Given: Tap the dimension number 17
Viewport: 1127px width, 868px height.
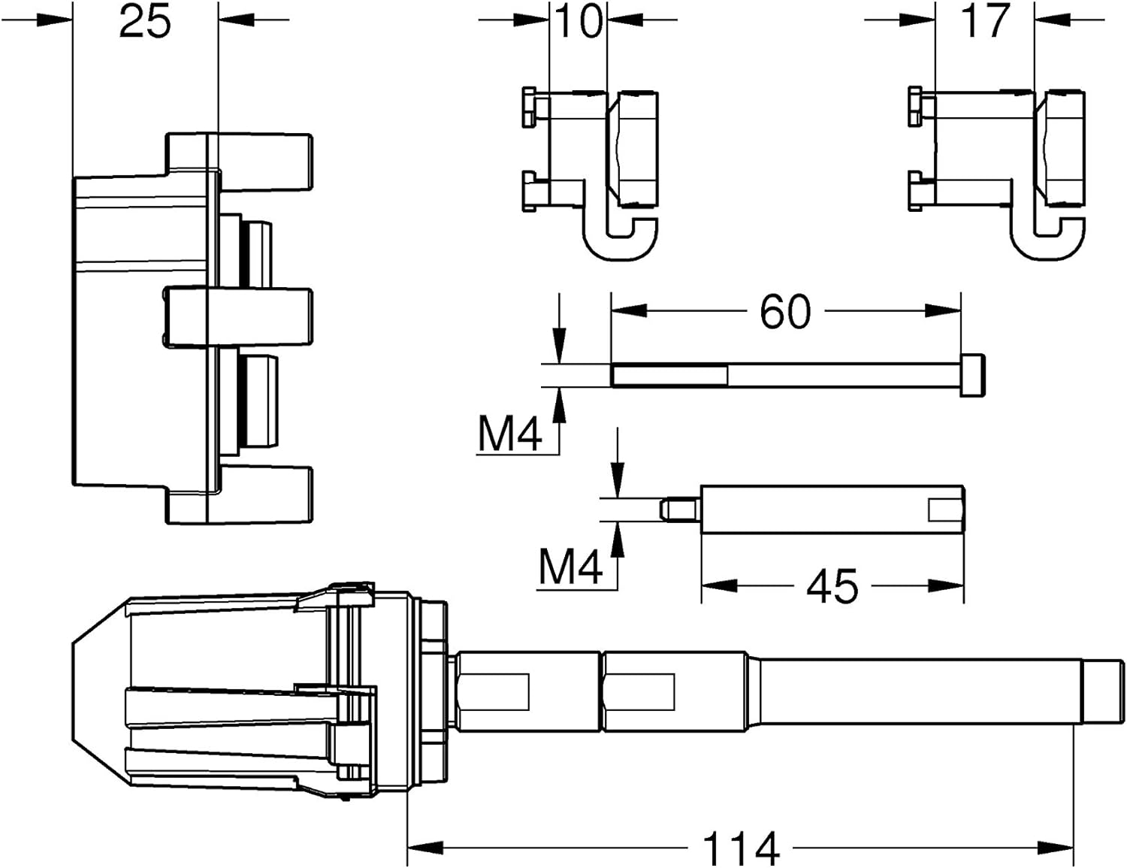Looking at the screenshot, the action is point(985,22).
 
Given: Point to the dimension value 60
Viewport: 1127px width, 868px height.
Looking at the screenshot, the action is point(784,312).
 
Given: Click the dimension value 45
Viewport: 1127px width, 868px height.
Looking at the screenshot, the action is point(832,586).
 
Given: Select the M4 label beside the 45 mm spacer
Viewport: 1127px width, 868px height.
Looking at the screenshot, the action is point(570,568).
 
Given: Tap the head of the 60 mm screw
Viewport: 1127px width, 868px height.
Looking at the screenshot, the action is point(972,376).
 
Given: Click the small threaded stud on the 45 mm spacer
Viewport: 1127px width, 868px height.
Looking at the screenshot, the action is point(681,510).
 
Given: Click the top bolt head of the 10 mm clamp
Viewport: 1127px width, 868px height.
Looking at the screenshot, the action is point(529,107).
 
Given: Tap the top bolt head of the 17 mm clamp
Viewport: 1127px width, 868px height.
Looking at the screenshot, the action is point(915,107).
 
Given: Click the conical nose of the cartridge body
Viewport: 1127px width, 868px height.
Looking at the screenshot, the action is point(100,692).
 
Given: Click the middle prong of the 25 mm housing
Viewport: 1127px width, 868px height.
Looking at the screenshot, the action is point(239,317).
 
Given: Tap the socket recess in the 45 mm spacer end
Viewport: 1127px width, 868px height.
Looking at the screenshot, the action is point(945,510).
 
